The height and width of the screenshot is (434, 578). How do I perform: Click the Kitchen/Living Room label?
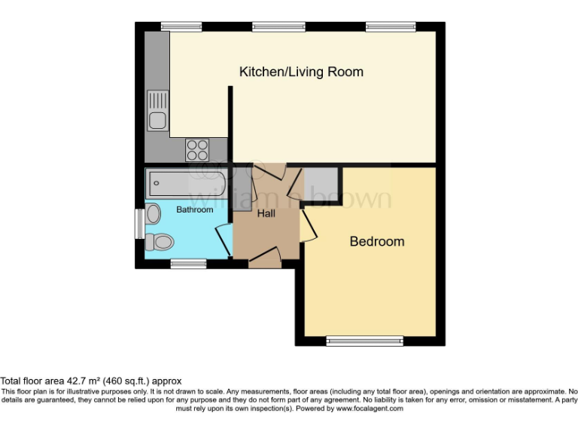pos(301,72)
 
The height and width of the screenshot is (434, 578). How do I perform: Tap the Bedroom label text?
pos(377,241)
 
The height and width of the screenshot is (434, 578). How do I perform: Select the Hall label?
pos(266,213)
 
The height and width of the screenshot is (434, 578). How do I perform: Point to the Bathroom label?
pos(195,209)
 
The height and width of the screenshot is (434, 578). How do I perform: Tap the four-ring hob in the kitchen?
pos(197,150)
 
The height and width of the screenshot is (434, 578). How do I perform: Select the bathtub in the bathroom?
pos(186,183)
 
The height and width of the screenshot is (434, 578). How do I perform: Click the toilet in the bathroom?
pos(160,242)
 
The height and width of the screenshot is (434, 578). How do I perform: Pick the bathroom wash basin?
pos(153,214)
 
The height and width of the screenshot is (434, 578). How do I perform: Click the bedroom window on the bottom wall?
pos(365,341)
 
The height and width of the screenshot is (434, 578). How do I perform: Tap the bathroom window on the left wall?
pos(140,224)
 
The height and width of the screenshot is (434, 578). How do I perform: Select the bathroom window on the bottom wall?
pos(188,264)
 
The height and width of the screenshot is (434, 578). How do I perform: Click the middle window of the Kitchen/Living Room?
pos(278,26)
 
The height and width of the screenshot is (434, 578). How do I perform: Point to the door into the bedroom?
pos(309,226)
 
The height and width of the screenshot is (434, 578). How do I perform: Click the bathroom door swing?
pos(224,240)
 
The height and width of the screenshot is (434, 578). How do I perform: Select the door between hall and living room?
pos(270,172)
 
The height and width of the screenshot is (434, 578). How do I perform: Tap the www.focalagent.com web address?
pos(370,408)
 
